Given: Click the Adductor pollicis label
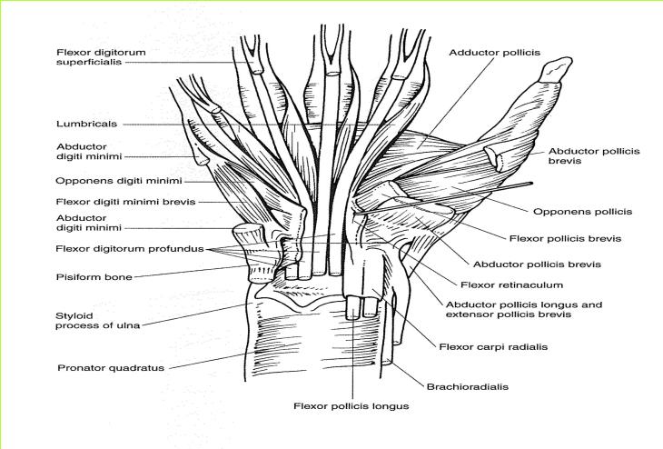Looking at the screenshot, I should pyautogui.click(x=494, y=53).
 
